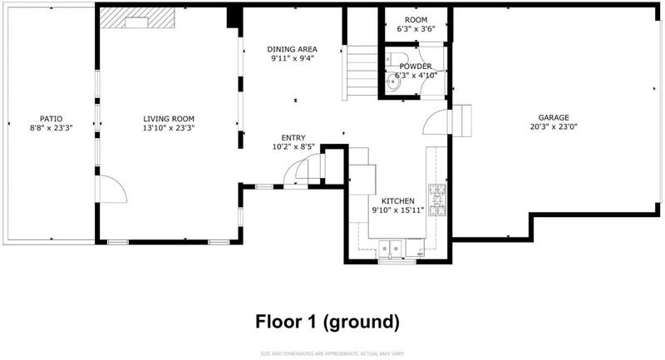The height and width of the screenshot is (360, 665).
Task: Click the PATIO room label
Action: (52, 119)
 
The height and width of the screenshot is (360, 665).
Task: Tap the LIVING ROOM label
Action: (169, 119)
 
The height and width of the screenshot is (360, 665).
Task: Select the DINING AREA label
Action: (293, 49)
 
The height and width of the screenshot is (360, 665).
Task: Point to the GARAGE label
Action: (554, 117)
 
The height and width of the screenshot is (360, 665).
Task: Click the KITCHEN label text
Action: (398, 201)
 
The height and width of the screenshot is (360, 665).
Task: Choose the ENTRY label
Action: (293, 138)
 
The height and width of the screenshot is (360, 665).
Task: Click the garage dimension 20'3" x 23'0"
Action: (554, 126)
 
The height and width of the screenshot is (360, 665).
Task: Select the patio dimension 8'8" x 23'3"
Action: (52, 128)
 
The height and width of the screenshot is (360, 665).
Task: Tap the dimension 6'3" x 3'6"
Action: (416, 29)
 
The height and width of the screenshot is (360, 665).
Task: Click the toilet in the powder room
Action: (397, 57)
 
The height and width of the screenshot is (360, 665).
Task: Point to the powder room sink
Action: (393, 82)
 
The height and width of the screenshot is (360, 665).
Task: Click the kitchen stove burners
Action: (437, 200)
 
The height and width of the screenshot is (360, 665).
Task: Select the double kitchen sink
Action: (391, 248)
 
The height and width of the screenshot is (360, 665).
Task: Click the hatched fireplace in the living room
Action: (137, 17)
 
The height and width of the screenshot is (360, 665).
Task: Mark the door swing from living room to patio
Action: (111, 189)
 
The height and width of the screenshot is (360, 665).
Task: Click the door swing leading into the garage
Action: (436, 122)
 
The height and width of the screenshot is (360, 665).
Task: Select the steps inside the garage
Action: (462, 121)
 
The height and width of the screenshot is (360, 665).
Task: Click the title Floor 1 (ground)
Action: (328, 322)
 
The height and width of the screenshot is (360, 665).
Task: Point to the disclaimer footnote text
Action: (332, 353)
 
